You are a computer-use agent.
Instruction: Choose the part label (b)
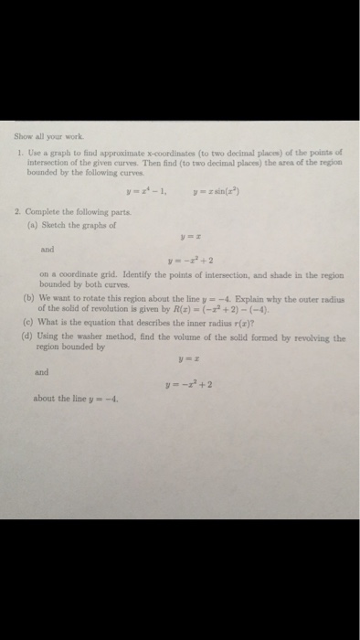31,298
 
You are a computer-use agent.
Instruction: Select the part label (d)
31,337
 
